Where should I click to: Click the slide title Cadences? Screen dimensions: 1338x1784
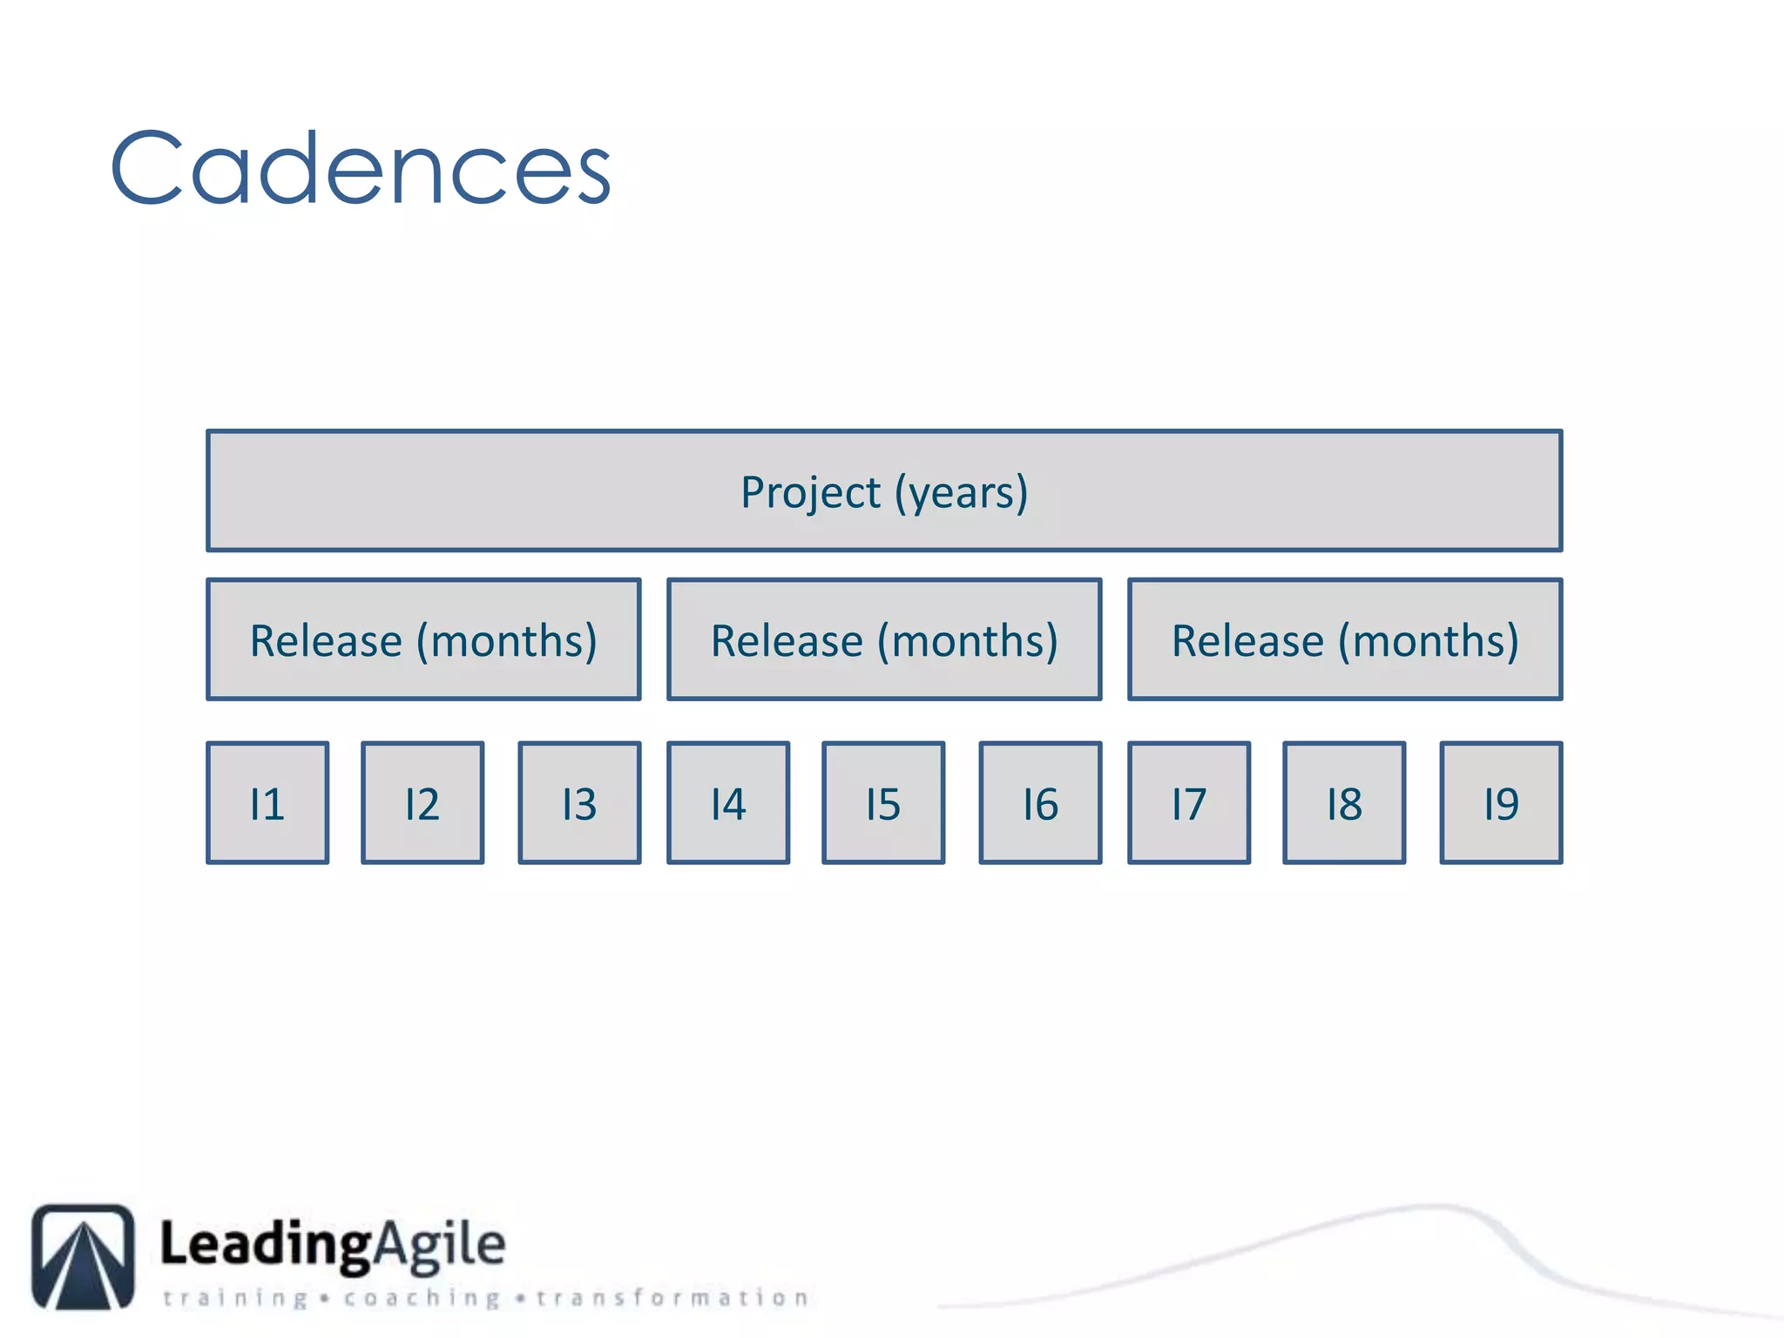coord(360,168)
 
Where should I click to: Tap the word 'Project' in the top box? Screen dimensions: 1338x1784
coord(810,492)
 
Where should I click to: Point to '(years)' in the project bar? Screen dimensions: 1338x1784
coord(962,492)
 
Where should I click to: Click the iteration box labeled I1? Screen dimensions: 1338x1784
coord(267,803)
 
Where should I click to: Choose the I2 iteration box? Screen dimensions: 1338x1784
coord(422,803)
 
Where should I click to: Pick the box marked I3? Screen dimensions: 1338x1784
coord(579,803)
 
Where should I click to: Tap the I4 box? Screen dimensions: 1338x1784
coord(728,803)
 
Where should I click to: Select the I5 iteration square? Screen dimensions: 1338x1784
coord(883,803)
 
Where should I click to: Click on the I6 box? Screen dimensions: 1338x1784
coord(1040,803)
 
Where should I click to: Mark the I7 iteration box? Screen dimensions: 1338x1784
coord(1189,803)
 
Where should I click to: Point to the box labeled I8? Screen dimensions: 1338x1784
coord(1344,803)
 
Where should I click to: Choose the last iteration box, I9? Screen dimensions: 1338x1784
coord(1501,803)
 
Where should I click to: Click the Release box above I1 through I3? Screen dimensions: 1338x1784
coord(423,639)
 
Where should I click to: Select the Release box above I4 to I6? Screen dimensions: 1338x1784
coord(884,639)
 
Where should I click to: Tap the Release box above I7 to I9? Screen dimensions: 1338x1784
coord(1345,639)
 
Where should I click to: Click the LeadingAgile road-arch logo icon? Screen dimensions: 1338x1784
coord(84,1256)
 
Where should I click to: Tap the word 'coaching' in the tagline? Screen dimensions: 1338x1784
coord(422,1298)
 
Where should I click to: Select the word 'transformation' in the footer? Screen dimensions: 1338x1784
coord(672,1298)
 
